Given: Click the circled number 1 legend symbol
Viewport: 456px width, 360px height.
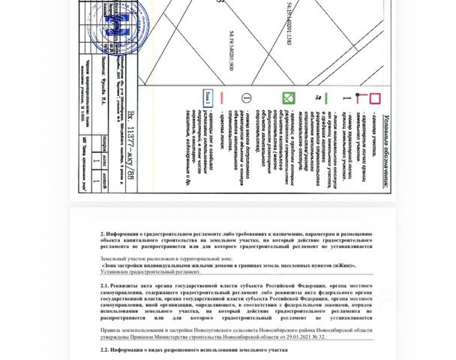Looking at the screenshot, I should click(x=245, y=98).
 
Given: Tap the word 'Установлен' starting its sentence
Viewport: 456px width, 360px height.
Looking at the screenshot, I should click(x=113, y=272).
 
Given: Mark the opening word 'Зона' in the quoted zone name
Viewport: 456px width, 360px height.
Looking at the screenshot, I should click(x=109, y=265).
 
